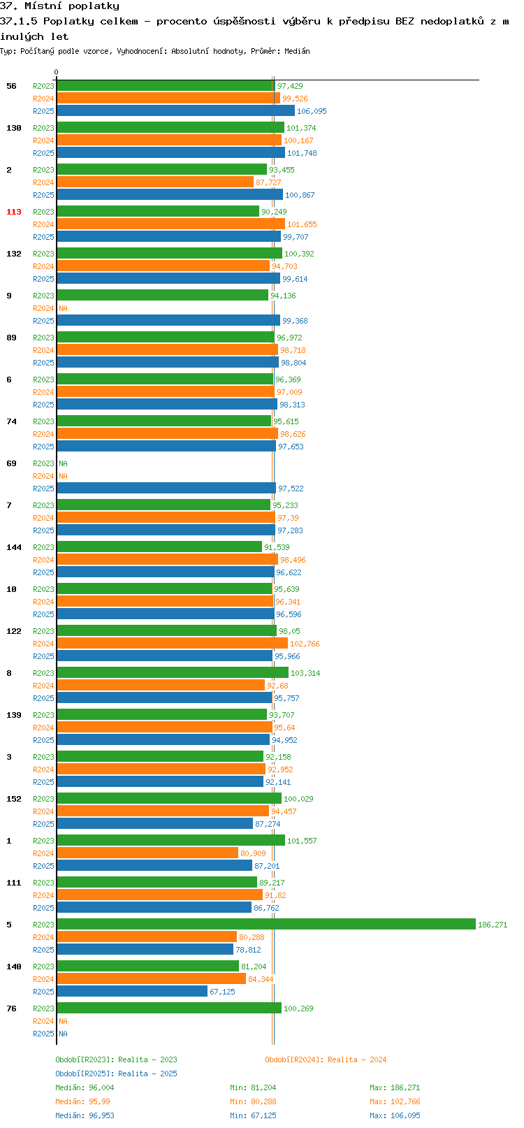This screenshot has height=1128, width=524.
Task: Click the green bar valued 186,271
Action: pos(265,924)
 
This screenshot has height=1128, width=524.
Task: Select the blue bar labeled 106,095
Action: pos(175,111)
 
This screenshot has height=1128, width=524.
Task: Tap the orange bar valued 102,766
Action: pos(172,643)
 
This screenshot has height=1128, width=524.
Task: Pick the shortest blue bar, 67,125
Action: pos(132,991)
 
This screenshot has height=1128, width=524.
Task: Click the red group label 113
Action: pos(13,212)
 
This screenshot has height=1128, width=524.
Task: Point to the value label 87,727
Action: pos(268,182)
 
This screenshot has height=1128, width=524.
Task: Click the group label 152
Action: pos(13,799)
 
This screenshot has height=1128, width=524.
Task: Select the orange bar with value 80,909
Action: pos(147,853)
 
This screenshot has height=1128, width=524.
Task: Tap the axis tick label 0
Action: pos(56,72)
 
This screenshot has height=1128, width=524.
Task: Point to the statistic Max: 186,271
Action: pos(395,1087)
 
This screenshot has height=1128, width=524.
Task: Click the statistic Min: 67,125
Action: pos(253,1115)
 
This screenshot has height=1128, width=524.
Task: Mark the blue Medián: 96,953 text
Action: pos(85,1115)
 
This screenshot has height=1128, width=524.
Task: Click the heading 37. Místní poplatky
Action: pos(59,6)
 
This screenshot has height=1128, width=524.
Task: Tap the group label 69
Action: pos(11,463)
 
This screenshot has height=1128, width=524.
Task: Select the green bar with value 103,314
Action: pos(173,672)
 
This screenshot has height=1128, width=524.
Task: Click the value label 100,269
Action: pos(298,1008)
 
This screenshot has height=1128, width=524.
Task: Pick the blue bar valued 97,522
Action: pos(166,488)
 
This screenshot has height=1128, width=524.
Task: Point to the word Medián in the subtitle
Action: pos(297,51)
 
